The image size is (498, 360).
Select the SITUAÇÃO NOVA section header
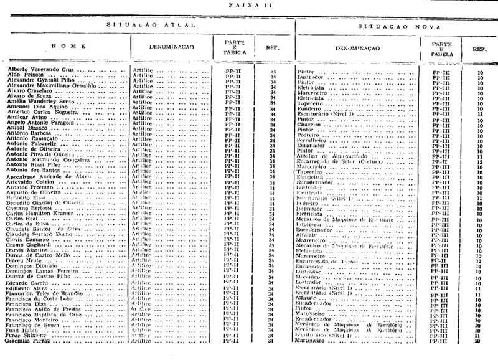(x=396, y=29)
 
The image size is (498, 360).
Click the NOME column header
(x=65, y=46)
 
